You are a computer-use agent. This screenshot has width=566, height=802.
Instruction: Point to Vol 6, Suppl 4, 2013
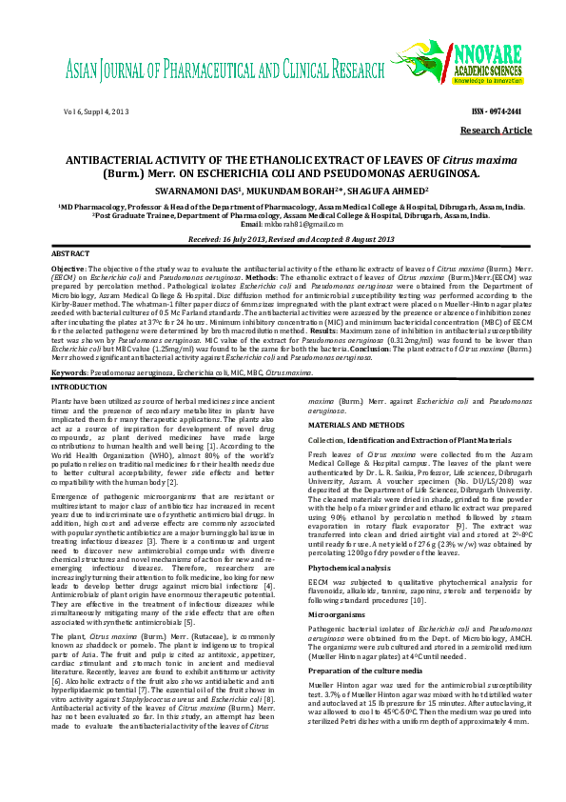(96, 112)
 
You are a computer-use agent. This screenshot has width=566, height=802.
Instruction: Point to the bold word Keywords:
(70, 372)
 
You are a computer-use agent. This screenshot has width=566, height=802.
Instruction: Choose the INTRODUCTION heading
(80, 388)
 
